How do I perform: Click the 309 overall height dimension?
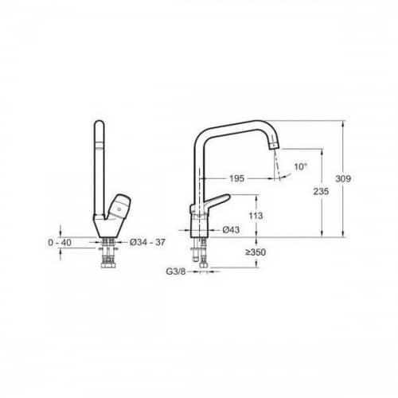[x=343, y=179]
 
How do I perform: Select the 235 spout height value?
[x=321, y=191]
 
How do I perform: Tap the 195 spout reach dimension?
[x=236, y=178]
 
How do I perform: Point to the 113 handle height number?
[x=256, y=216]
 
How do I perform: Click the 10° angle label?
[x=300, y=167]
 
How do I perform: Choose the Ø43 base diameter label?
[x=231, y=230]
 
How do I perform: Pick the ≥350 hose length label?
[x=256, y=252]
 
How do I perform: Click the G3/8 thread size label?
[x=176, y=271]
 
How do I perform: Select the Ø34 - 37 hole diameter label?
[x=147, y=242]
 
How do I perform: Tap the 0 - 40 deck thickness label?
[x=60, y=243]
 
